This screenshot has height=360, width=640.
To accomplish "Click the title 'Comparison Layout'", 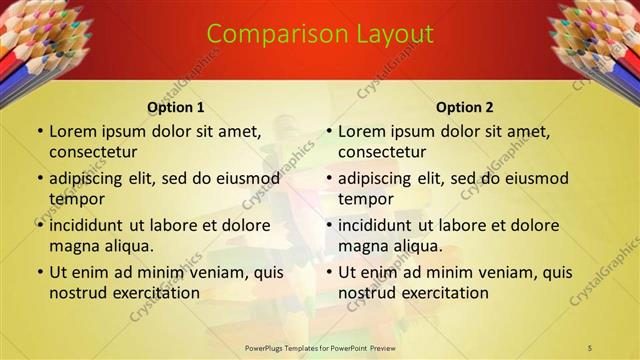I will tap(320, 34).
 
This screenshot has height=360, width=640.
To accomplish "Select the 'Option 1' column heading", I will tap(176, 107).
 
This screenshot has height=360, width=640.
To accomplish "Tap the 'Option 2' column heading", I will tap(465, 107).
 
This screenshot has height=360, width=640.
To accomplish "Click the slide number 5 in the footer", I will tap(590, 347).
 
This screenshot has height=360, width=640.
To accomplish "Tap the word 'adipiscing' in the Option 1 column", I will tap(89, 178).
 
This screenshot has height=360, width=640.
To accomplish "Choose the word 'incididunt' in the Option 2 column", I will tap(378, 224).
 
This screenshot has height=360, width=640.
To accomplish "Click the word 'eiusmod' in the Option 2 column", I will tap(537, 178).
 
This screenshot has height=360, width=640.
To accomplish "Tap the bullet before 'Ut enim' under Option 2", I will tap(328, 271).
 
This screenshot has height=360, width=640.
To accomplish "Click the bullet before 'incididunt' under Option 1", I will tap(39, 224).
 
